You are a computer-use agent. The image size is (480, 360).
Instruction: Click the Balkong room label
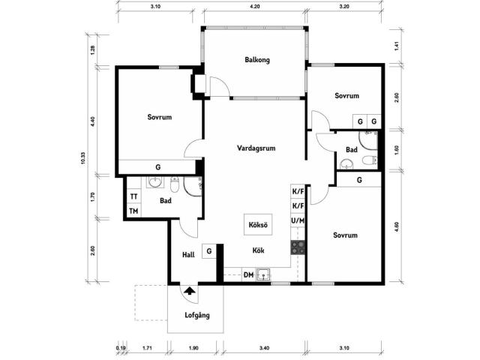tap(257, 60)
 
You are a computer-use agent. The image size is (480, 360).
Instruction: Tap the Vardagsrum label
tap(256, 148)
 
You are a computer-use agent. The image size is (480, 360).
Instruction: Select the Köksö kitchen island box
tap(258, 225)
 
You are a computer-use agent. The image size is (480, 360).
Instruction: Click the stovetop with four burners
tap(298, 248)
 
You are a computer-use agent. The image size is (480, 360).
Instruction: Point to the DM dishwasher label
tap(248, 275)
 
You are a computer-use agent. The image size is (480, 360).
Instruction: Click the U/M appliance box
tap(298, 220)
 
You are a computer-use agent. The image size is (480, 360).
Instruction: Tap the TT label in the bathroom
tap(133, 196)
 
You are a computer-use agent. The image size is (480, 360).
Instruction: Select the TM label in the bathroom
tap(133, 211)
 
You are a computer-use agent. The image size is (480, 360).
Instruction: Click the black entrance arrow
tap(190, 290)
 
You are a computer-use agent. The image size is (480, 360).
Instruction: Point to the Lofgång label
tap(197, 315)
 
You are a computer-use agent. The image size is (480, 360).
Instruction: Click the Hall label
tap(188, 255)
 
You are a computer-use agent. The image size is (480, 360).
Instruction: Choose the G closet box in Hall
tap(209, 251)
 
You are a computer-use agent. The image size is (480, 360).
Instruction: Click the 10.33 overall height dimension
tap(83, 158)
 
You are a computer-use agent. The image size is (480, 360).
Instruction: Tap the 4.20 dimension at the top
tap(255, 7)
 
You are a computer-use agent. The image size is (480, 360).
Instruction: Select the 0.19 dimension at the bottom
tap(121, 348)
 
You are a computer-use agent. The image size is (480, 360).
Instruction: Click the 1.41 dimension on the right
tap(397, 46)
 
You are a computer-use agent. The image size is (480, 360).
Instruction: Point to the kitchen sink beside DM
tap(263, 274)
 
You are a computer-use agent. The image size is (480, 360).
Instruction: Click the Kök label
tap(258, 250)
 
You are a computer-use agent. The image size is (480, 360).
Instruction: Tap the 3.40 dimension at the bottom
tap(264, 348)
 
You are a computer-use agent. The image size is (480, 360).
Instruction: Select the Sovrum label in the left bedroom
tap(160, 117)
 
